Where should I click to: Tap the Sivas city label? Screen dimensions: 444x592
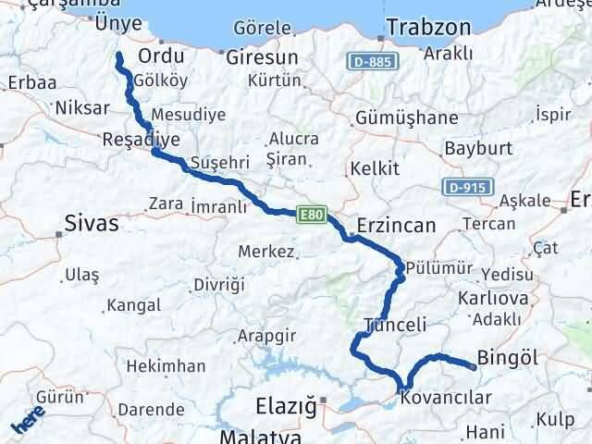[92, 222]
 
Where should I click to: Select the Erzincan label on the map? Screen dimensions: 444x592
[395, 226]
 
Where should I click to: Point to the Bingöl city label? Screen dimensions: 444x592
[505, 356]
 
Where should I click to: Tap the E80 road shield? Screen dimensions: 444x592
[311, 215]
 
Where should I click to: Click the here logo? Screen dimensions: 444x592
[29, 423]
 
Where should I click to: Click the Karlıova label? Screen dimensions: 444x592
[493, 298]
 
